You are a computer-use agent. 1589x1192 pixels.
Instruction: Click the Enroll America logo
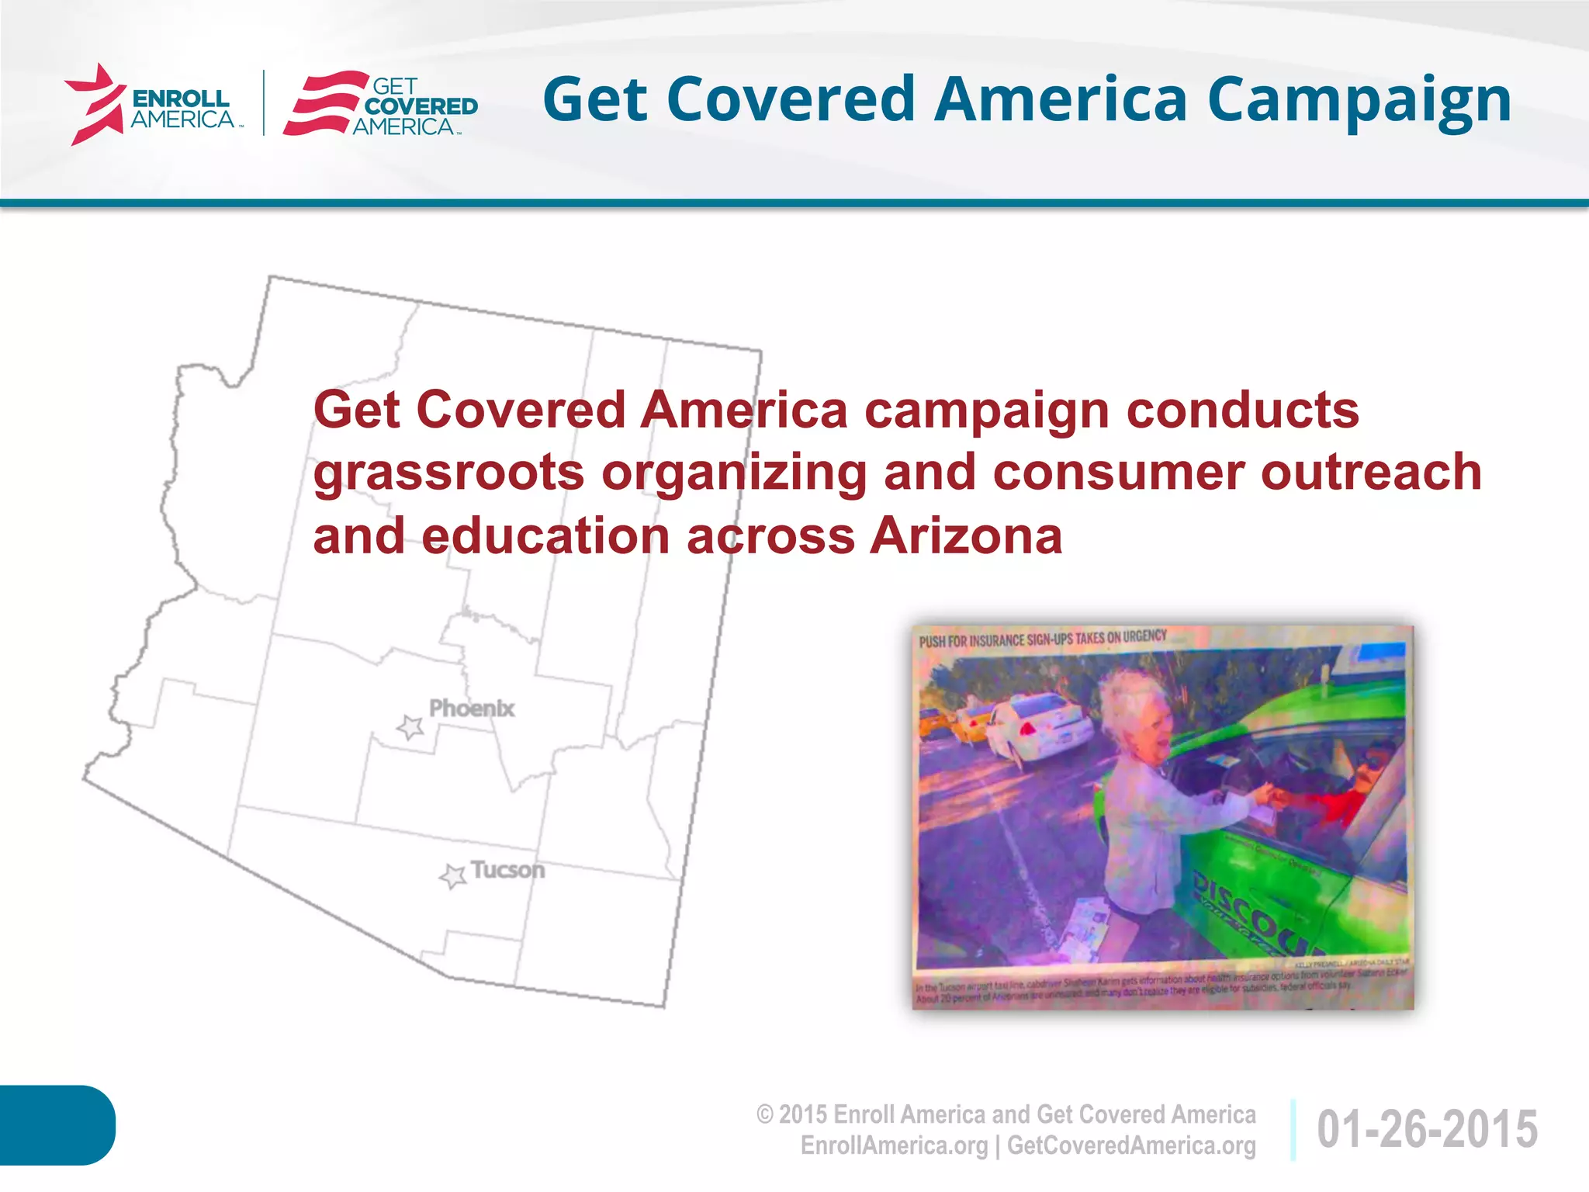coord(152,105)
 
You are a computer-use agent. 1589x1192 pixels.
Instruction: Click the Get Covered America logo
coord(381,105)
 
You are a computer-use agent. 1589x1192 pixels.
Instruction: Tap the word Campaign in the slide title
coord(1359,101)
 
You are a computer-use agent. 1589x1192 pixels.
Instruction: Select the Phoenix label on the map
coord(472,709)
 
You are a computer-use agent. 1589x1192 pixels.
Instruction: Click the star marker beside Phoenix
coord(410,727)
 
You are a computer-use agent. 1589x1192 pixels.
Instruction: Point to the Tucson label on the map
coord(508,870)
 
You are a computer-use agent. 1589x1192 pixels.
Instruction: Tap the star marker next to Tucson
coord(452,876)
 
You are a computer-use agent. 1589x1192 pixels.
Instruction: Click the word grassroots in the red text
coord(448,473)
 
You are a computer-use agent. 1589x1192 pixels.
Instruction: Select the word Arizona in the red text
coord(965,536)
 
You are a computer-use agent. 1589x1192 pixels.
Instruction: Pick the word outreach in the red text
coord(1371,473)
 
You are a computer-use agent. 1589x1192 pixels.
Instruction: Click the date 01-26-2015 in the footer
coord(1427,1129)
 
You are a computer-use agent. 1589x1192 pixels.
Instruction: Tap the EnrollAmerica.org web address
coord(894,1146)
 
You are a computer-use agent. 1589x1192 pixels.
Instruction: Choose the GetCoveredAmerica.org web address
coord(1131,1146)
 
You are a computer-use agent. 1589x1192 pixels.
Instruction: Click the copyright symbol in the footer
coord(765,1115)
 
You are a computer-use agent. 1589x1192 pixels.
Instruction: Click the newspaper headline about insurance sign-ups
coord(1042,639)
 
